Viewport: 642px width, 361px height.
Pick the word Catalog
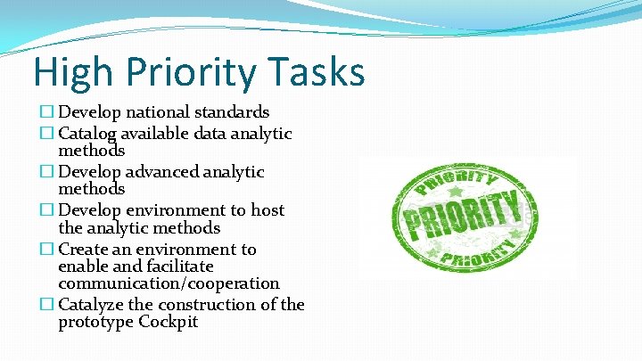pos(87,134)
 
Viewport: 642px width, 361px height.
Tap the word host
pos(267,210)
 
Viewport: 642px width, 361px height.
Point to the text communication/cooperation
pos(169,283)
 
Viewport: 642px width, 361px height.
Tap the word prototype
pos(95,323)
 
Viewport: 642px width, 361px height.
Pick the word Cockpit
pos(169,323)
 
